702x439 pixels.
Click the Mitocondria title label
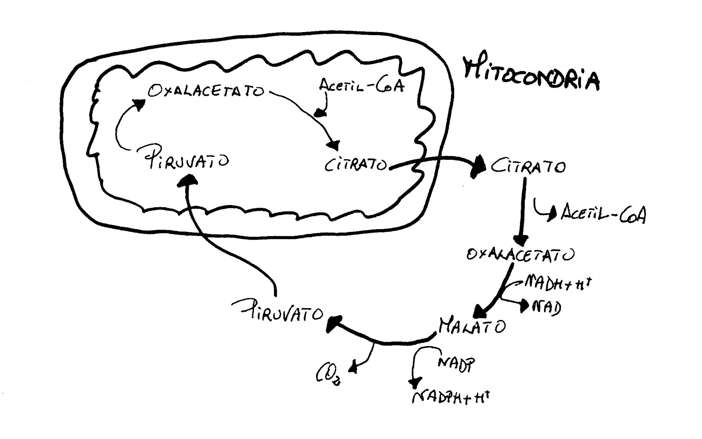531,72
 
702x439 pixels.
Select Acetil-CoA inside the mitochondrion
362,86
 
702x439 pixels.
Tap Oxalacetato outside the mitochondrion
520,255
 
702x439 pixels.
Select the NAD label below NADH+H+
546,306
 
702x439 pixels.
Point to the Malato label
472,326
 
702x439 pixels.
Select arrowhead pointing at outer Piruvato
333,324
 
